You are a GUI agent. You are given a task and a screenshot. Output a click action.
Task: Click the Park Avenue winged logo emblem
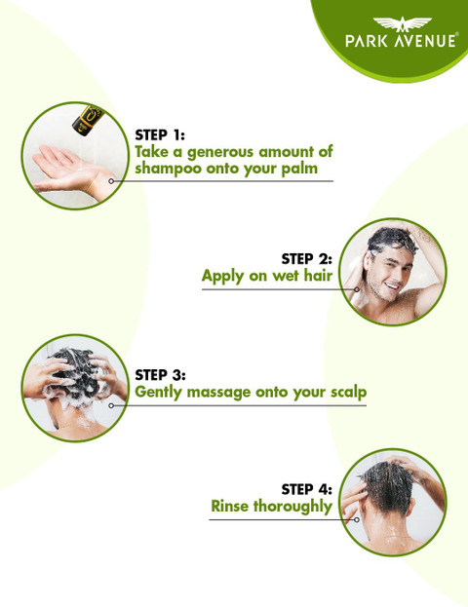(402, 24)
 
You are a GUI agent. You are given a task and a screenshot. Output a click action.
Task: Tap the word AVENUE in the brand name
(425, 41)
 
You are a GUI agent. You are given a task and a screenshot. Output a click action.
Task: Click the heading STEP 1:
(160, 135)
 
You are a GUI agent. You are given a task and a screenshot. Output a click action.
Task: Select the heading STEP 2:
(306, 259)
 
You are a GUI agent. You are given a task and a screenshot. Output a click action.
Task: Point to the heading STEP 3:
(160, 375)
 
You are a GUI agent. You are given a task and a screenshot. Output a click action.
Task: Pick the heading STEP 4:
(306, 489)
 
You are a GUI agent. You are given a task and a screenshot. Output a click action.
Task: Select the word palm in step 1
(299, 169)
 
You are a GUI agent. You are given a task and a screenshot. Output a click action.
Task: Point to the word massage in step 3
(219, 393)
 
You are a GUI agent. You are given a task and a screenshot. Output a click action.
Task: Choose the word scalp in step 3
(349, 392)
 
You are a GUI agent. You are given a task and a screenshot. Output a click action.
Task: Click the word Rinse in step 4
(229, 506)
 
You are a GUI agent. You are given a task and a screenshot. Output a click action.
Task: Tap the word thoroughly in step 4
(292, 507)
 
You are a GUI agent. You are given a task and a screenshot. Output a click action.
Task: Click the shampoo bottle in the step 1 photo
(86, 120)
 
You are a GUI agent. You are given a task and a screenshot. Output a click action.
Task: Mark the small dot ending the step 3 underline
(111, 405)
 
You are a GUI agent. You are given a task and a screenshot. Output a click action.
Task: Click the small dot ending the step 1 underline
(111, 181)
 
